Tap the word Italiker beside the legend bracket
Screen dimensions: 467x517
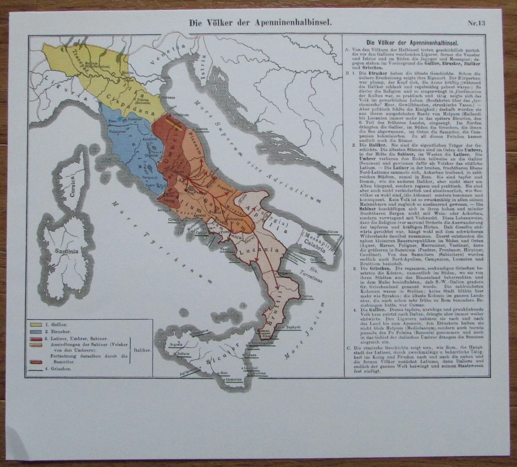point(143,351)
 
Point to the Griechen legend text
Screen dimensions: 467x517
point(60,369)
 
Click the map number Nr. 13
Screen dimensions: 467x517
point(476,23)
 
